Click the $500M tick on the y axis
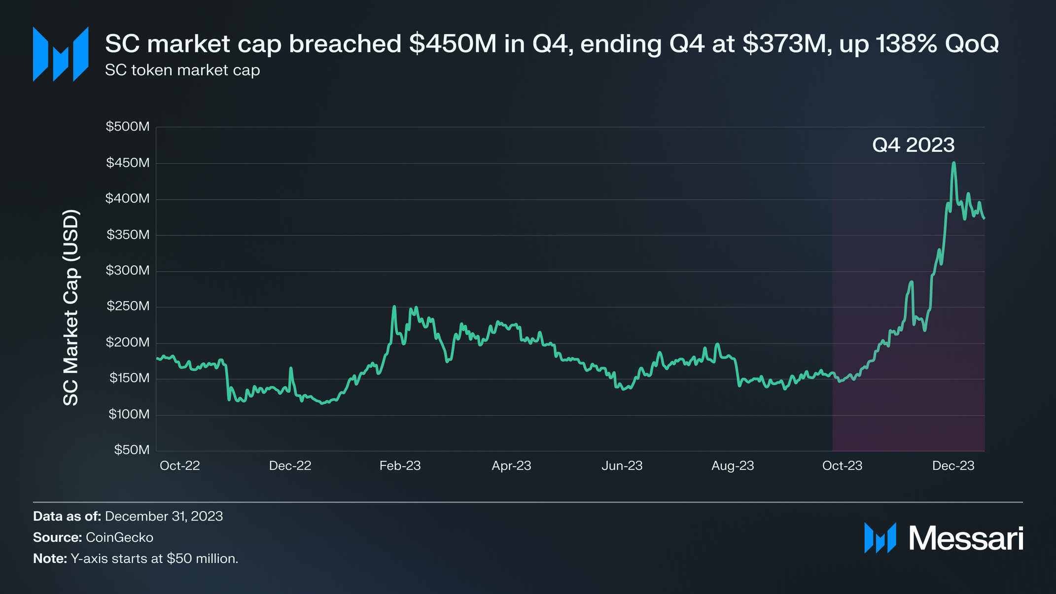128,127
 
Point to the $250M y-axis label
128,306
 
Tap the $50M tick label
132,450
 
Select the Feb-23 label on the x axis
400,466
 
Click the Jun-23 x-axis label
622,466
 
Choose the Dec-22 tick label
290,466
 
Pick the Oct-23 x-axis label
842,466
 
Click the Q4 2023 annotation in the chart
913,145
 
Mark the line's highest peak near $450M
954,163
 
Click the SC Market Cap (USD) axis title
71,308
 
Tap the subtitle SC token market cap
182,70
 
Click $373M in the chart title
784,44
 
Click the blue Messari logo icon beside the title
61,54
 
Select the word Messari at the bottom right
966,538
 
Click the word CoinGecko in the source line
119,537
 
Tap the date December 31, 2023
164,516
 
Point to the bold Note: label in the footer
50,559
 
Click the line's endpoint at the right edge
984,218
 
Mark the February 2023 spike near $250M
394,307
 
